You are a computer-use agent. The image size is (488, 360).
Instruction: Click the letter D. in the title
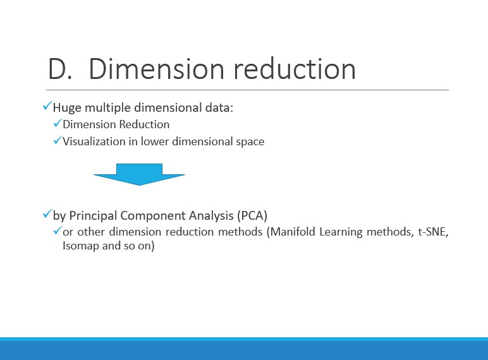coord(61,69)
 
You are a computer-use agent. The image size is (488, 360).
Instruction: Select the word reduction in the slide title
coord(295,68)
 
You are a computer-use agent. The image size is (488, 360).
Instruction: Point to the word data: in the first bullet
coord(219,107)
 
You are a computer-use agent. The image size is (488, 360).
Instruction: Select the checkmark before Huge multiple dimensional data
coord(47,106)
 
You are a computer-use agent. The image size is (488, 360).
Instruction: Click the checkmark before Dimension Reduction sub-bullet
coord(58,123)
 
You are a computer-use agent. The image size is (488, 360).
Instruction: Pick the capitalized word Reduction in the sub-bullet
coord(144,124)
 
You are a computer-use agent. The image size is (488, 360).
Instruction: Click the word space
coord(250,142)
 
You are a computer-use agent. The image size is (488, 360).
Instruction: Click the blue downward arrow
coord(140,174)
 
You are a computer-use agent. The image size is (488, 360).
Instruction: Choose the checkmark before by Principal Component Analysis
coord(47,214)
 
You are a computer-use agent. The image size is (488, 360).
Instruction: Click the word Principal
coord(93,216)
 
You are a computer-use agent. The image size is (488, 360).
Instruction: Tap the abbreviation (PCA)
coord(252,215)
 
